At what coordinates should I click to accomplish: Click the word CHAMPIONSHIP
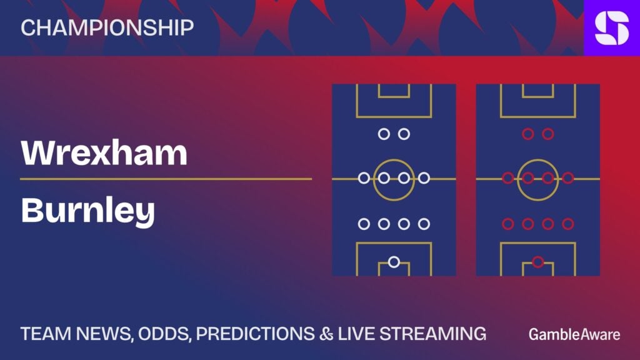click(107, 27)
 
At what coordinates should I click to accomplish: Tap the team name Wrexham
click(104, 152)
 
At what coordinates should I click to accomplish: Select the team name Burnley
click(88, 211)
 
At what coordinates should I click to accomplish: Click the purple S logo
click(612, 27)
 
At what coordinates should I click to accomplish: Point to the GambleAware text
click(574, 334)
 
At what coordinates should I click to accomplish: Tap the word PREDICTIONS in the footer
click(255, 334)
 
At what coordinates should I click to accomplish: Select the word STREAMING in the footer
click(432, 334)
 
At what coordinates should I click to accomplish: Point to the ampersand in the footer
click(326, 334)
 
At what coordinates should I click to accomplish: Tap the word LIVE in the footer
click(356, 334)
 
